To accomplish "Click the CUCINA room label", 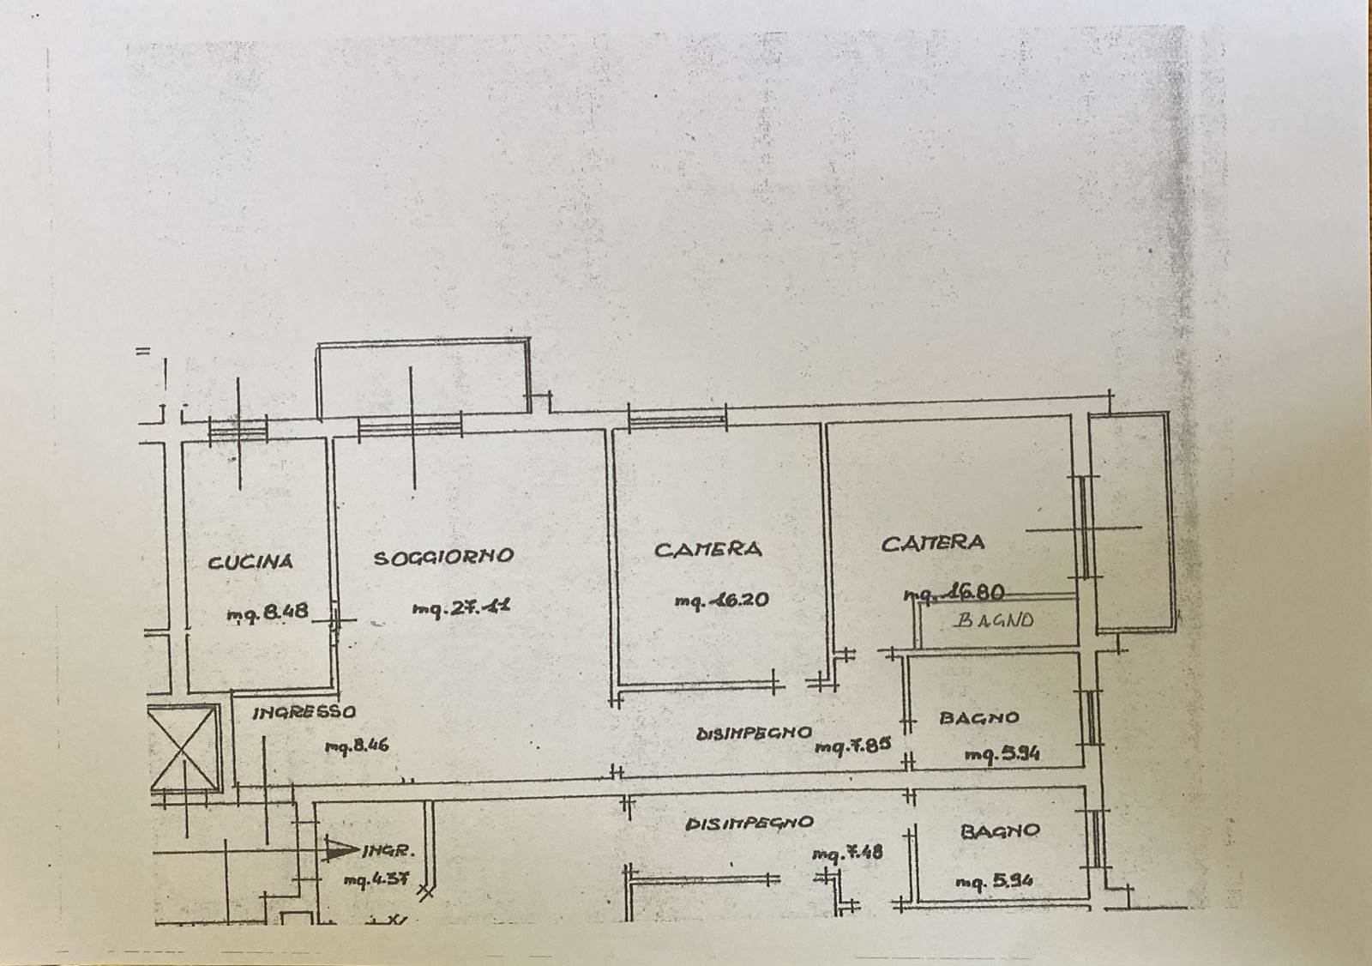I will click(250, 562).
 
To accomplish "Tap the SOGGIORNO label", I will click(443, 557).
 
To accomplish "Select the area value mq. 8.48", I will click(267, 613).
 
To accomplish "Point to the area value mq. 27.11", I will click(461, 608).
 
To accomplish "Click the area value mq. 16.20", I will click(721, 601).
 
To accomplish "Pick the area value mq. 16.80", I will click(954, 593).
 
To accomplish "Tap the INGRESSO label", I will click(304, 712).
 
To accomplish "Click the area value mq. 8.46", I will click(357, 746).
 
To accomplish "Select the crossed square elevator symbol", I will click(184, 746).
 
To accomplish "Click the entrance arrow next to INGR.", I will click(341, 850).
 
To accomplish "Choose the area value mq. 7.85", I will click(852, 746).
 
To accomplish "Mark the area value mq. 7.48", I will click(847, 853).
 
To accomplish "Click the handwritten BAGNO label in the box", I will click(995, 619).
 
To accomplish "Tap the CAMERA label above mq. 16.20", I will click(707, 549).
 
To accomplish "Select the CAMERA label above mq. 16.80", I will click(933, 543).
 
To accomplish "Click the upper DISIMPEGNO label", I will click(754, 734).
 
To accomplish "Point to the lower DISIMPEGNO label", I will click(749, 823).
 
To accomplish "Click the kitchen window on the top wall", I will click(238, 428).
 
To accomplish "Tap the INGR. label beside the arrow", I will click(389, 851).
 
